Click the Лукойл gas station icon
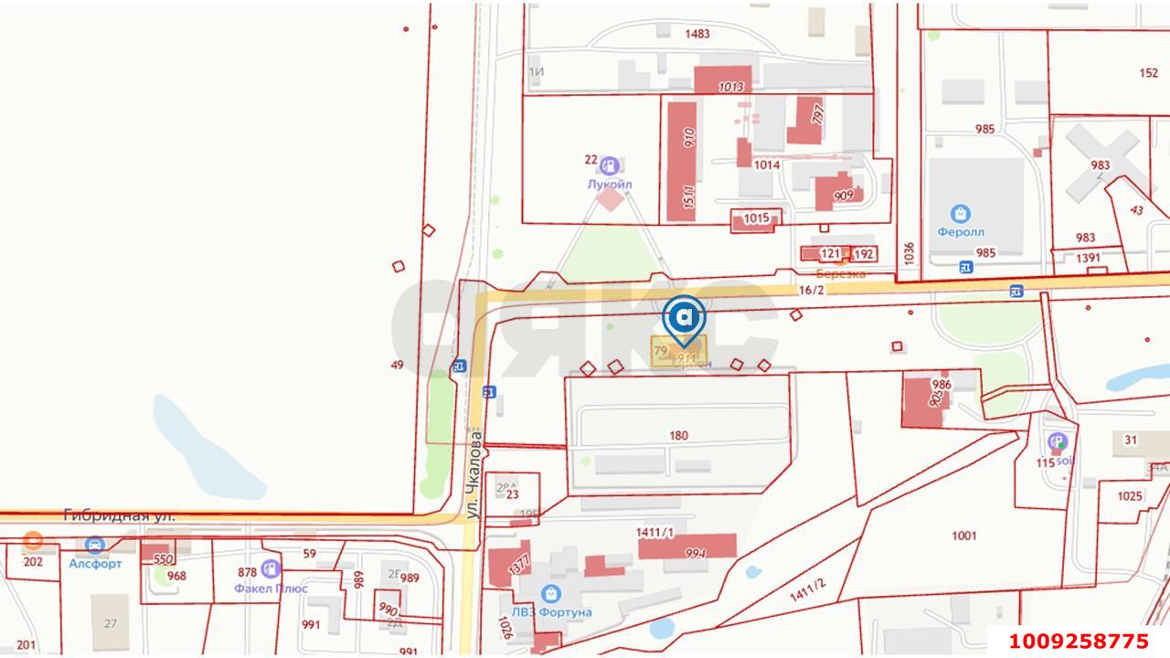[x=609, y=165]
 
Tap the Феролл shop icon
[x=960, y=214]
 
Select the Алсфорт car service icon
[x=94, y=546]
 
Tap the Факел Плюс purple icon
[x=270, y=569]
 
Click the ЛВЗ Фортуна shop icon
[x=551, y=594]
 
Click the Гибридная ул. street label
[x=119, y=516]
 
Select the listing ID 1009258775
[x=1078, y=641]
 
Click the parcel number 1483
[x=697, y=34]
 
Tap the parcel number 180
[x=678, y=436]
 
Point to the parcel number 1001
[x=963, y=536]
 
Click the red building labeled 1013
[x=723, y=81]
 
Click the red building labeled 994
[x=688, y=546]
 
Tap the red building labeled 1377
[x=502, y=566]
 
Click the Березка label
[x=841, y=273]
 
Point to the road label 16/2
[x=812, y=290]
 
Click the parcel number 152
[x=1149, y=73]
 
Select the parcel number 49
[x=397, y=365]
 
